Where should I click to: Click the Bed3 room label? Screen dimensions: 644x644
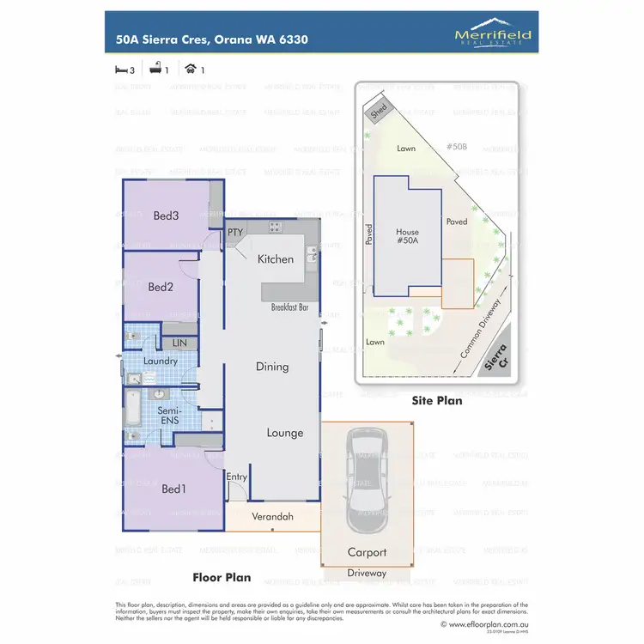point(166,216)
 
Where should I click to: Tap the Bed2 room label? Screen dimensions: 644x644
point(161,287)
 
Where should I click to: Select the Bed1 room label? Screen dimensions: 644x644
point(173,489)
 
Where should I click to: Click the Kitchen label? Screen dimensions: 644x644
point(276,258)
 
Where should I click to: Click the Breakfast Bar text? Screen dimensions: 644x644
point(289,307)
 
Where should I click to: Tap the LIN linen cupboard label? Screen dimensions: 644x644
point(179,343)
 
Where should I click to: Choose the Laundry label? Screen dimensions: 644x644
point(161,361)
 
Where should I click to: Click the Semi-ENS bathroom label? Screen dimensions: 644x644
point(168,416)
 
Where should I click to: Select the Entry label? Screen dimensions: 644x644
point(236,477)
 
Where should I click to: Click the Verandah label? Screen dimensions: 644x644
point(273,517)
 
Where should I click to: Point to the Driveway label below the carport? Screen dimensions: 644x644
point(367,573)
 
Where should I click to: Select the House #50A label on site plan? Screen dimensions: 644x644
point(407,237)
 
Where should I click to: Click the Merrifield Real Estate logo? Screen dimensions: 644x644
point(493,35)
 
